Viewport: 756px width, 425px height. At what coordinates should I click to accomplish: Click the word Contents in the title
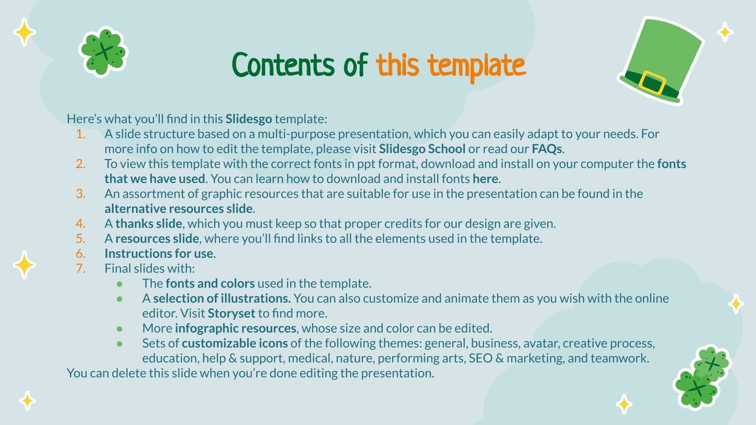[283, 65]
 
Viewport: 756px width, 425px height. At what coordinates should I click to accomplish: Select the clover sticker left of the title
[103, 52]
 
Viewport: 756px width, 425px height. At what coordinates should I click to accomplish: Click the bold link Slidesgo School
[422, 149]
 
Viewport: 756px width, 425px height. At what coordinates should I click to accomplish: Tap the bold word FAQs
[547, 149]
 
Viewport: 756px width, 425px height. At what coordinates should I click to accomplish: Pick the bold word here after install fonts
[485, 179]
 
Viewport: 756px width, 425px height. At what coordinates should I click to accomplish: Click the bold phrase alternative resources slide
[179, 209]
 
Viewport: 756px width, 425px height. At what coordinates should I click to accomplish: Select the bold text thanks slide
[148, 223]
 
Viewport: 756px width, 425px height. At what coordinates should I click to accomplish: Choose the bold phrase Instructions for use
[159, 254]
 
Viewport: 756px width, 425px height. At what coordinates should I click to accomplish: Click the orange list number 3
[81, 194]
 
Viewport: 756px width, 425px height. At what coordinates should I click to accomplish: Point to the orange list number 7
[81, 269]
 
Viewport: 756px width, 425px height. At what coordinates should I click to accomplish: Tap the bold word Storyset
[231, 314]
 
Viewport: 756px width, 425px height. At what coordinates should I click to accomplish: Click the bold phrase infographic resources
[235, 328]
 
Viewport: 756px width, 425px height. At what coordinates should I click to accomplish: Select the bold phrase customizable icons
[234, 343]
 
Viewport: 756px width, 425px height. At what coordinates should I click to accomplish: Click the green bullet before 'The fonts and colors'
[120, 284]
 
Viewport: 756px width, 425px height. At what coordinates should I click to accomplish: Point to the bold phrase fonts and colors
[210, 283]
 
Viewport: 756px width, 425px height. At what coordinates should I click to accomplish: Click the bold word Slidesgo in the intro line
[249, 119]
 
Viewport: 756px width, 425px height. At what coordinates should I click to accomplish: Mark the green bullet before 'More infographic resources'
[120, 329]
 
